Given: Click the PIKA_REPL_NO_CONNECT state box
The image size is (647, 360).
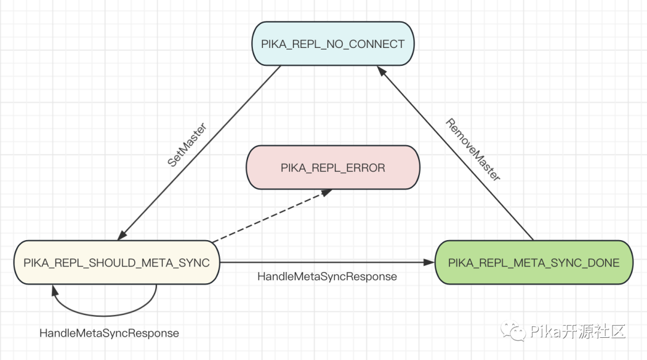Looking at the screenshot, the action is pyautogui.click(x=332, y=44).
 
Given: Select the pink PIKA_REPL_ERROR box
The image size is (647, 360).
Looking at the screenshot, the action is pyautogui.click(x=332, y=168).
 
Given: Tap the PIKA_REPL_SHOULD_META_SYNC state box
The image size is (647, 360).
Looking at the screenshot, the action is pyautogui.click(x=117, y=262).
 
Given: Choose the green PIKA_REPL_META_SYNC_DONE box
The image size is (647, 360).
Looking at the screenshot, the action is pyautogui.click(x=534, y=262).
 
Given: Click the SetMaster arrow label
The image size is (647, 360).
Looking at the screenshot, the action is pyautogui.click(x=187, y=145).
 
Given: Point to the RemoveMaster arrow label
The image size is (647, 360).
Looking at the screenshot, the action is pyautogui.click(x=473, y=149).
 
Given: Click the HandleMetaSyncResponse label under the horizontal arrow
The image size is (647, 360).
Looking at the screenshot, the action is pyautogui.click(x=327, y=276).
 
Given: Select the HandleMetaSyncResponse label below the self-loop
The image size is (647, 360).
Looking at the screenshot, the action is pyautogui.click(x=110, y=333).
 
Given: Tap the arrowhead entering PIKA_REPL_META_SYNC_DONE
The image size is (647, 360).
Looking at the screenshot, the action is pyautogui.click(x=430, y=262).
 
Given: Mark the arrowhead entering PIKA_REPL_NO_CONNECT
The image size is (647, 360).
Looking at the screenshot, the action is pyautogui.click(x=382, y=71).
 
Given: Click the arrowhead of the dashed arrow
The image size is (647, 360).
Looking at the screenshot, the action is pyautogui.click(x=327, y=192).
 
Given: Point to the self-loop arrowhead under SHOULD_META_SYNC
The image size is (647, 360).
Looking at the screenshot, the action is pyautogui.click(x=55, y=290).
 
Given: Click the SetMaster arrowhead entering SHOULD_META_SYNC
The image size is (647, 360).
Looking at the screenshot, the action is pyautogui.click(x=122, y=235).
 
